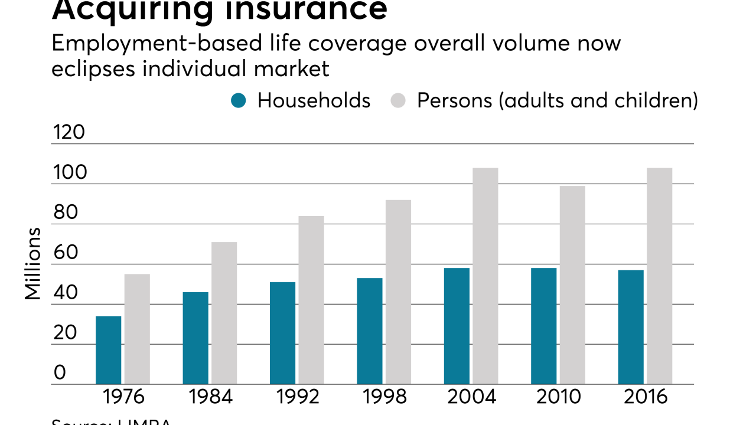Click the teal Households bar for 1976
(x=108, y=350)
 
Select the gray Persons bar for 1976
(x=137, y=329)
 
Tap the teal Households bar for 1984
(x=195, y=338)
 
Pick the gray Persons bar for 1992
(x=311, y=300)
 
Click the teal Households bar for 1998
(x=370, y=331)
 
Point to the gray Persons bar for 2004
(x=485, y=276)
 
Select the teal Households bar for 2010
(x=544, y=326)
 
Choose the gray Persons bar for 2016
(x=659, y=276)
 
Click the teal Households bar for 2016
(x=631, y=327)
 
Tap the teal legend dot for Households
(x=238, y=101)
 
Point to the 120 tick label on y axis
(x=69, y=133)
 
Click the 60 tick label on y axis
(x=66, y=253)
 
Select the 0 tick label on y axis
(x=60, y=373)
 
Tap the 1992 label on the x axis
(x=298, y=397)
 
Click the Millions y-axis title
(x=33, y=264)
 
